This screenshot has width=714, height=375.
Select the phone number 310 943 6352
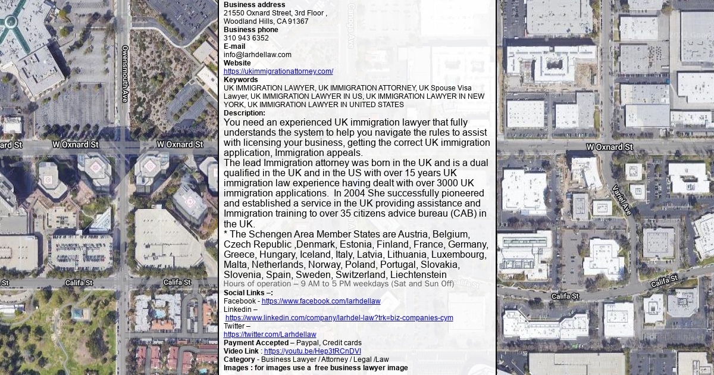pos(246,38)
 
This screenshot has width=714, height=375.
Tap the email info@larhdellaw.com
pos(258,55)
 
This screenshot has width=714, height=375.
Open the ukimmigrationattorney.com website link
pos(278,71)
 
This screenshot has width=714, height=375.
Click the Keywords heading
pos(241,80)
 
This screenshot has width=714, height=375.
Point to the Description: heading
pos(245,113)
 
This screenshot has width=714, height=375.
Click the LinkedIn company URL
pos(339,318)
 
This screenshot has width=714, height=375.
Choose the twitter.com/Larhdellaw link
pos(270,335)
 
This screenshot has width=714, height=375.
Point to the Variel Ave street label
pos(622,199)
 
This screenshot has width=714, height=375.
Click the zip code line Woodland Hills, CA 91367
pos(266,21)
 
